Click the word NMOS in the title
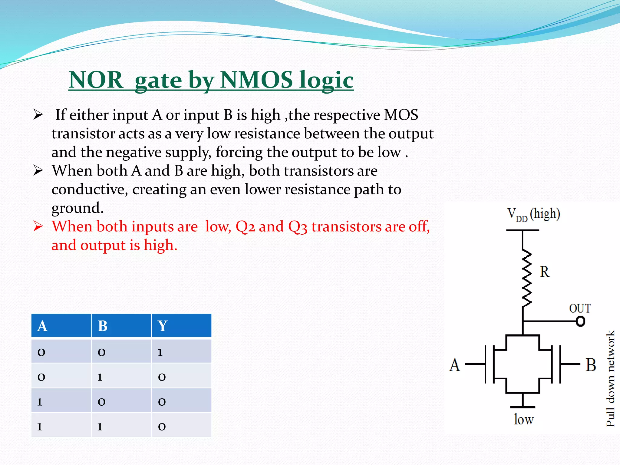click(257, 80)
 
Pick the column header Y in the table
click(163, 326)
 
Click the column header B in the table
click(103, 326)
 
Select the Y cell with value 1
click(160, 352)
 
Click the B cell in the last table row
click(100, 426)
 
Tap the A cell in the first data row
click(41, 352)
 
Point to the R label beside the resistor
click(544, 272)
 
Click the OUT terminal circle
click(580, 321)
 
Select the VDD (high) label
click(533, 214)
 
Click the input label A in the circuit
click(454, 365)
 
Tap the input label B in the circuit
click(590, 365)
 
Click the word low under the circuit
click(523, 420)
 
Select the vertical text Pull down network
click(610, 378)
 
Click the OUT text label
click(579, 308)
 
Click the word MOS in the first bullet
click(401, 115)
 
